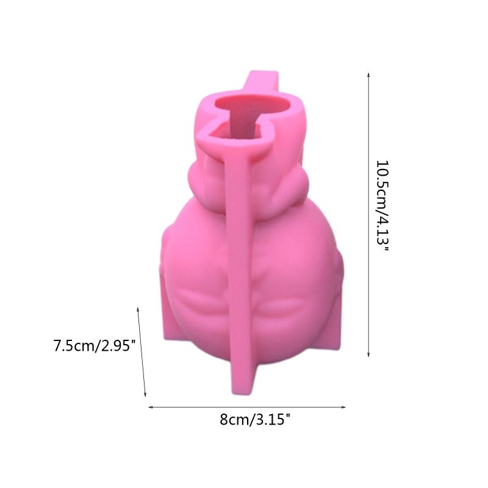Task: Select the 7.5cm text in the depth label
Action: tap(74, 346)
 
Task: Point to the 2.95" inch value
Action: tap(115, 346)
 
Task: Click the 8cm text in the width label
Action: tap(231, 420)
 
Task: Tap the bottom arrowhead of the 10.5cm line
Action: tap(368, 355)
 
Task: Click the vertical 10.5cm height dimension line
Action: tap(368, 213)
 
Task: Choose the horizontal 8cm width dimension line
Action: tap(247, 407)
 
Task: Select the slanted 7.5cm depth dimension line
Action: tap(142, 353)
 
